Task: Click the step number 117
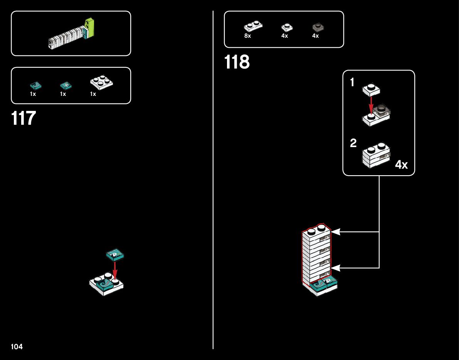[x=24, y=118]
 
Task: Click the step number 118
[x=237, y=62]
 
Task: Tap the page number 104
[x=17, y=347]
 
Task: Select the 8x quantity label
[x=247, y=36]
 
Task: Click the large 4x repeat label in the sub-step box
[x=401, y=165]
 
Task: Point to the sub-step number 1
[x=352, y=82]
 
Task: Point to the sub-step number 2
[x=353, y=143]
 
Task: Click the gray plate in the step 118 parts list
[x=318, y=27]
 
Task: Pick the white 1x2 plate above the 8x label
[x=253, y=26]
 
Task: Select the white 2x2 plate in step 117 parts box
[x=101, y=82]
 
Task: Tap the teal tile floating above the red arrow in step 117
[x=115, y=254]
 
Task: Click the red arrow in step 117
[x=114, y=270]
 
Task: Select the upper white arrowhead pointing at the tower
[x=335, y=232]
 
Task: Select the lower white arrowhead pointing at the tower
[x=335, y=268]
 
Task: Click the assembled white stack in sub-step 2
[x=376, y=156]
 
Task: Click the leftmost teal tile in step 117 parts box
[x=35, y=85]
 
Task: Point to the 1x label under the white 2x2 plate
[x=93, y=94]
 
